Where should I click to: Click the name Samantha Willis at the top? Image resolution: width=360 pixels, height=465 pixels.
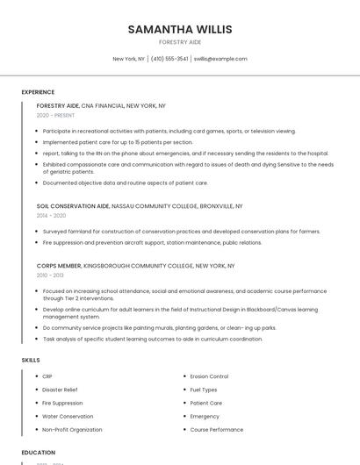tap(180, 29)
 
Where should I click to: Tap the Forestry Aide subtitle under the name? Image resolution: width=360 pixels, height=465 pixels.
tap(180, 42)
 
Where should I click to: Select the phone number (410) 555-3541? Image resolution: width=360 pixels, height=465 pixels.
tap(169, 59)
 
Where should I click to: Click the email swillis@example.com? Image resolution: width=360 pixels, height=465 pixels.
tap(220, 59)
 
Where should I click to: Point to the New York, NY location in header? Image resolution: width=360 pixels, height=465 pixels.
tap(128, 59)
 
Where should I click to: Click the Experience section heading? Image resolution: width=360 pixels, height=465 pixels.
tap(38, 92)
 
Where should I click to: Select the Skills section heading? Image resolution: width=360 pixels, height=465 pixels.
tap(30, 360)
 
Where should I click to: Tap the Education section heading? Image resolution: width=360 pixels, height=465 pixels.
tap(38, 453)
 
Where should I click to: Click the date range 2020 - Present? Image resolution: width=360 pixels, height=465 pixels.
tap(56, 115)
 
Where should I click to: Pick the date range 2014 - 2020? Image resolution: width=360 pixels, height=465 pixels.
tap(51, 215)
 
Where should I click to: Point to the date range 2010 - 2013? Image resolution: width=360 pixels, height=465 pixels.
tap(50, 275)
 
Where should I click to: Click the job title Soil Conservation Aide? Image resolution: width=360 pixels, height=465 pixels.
tap(73, 206)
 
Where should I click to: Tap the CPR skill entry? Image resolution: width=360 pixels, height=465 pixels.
tap(47, 376)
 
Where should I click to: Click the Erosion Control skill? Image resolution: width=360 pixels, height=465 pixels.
tap(209, 376)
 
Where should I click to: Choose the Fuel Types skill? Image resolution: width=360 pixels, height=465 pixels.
tap(204, 390)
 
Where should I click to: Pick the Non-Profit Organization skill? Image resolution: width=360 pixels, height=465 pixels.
tap(72, 430)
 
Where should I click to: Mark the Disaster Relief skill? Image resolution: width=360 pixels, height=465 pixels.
tap(60, 390)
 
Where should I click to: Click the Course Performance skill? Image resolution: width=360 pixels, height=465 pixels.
tap(216, 430)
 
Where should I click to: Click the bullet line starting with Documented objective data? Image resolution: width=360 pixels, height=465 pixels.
tap(125, 182)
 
